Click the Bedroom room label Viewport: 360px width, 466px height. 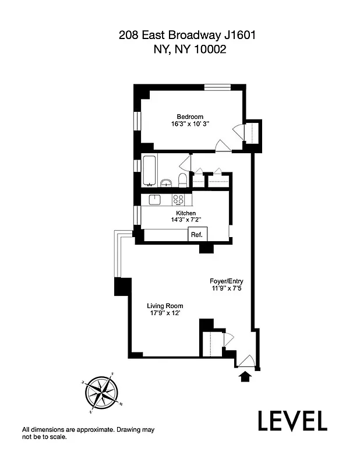[x=190, y=116]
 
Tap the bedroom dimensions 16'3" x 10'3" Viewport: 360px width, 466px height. [x=190, y=124]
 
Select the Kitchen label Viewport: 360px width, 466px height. [x=183, y=213]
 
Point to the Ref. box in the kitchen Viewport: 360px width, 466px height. [x=196, y=235]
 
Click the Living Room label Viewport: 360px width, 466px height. [x=165, y=306]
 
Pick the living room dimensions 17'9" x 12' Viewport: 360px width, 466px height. [x=165, y=314]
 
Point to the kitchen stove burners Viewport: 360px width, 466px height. [x=179, y=200]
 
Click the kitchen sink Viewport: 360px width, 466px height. [x=154, y=200]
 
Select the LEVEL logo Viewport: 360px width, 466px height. [x=292, y=421]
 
